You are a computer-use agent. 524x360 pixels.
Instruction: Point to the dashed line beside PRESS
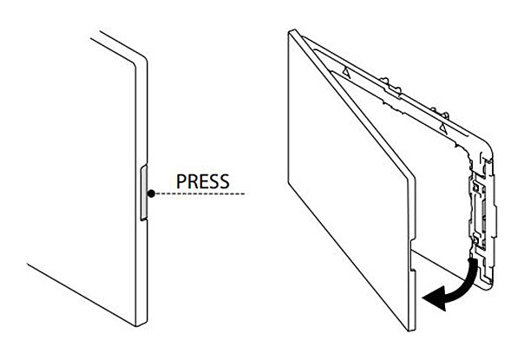(x=200, y=193)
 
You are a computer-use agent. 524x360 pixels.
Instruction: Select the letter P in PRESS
(x=180, y=182)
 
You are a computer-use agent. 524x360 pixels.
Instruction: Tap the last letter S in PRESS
(x=224, y=182)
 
